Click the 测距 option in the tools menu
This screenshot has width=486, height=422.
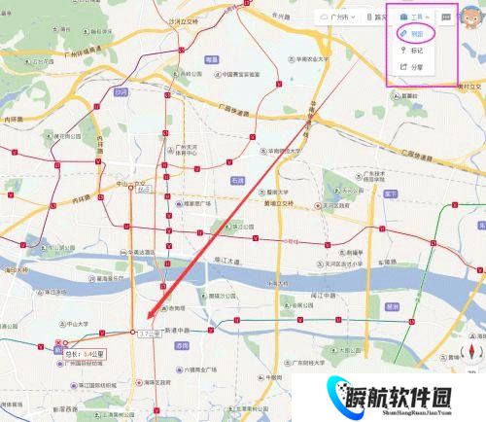415,32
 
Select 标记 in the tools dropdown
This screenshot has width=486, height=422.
415,50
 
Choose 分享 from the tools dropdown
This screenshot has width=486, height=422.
415,67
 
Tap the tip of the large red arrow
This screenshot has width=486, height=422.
147,318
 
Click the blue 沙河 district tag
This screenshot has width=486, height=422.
121,92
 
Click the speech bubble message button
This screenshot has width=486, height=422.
445,17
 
